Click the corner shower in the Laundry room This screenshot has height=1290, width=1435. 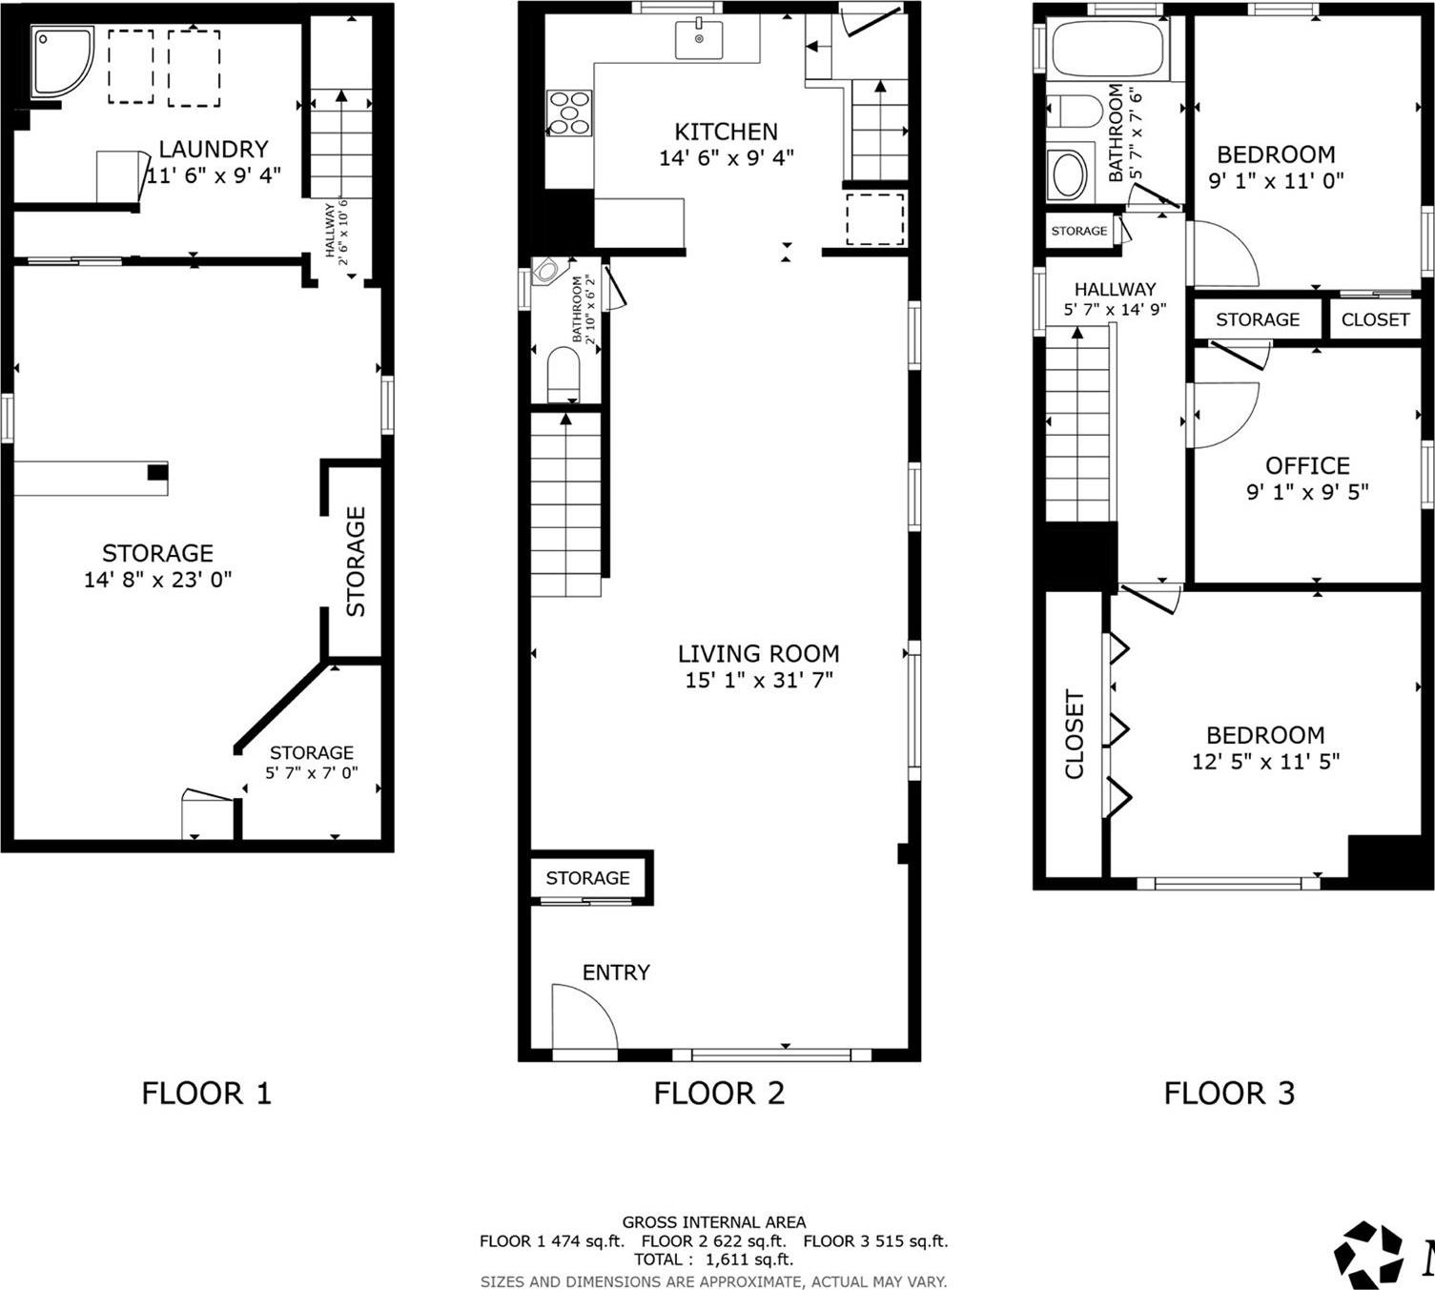click(x=61, y=62)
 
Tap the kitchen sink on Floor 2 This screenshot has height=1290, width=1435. click(x=699, y=39)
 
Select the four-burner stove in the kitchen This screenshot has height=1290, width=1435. click(x=569, y=113)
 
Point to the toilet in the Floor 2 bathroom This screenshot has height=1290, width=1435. click(x=564, y=374)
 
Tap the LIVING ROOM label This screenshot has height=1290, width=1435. click(x=758, y=654)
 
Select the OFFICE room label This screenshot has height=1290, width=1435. click(x=1307, y=466)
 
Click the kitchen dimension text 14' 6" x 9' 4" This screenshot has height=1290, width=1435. click(x=726, y=158)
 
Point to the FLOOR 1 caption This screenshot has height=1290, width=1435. click(x=206, y=1093)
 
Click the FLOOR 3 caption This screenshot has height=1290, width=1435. click(x=1229, y=1093)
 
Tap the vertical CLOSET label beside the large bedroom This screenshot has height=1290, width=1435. click(x=1075, y=734)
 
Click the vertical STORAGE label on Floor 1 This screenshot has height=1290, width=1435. click(x=355, y=562)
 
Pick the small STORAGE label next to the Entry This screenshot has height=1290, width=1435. click(x=587, y=878)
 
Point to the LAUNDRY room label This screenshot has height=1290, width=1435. click(x=213, y=150)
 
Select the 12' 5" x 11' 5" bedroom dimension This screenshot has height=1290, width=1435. click(x=1265, y=762)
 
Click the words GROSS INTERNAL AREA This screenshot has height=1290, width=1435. click(x=713, y=1222)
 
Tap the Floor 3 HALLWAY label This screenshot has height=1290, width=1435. click(x=1115, y=290)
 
